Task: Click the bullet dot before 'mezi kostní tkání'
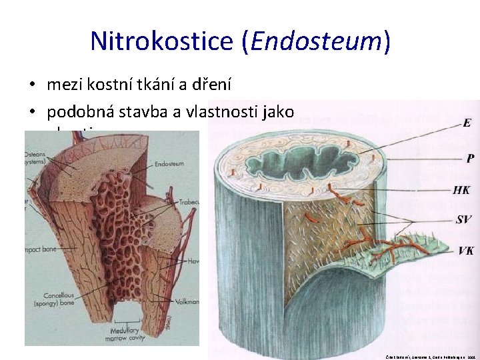click(x=31, y=85)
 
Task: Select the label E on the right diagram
click(x=467, y=123)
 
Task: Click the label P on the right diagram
click(x=470, y=159)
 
